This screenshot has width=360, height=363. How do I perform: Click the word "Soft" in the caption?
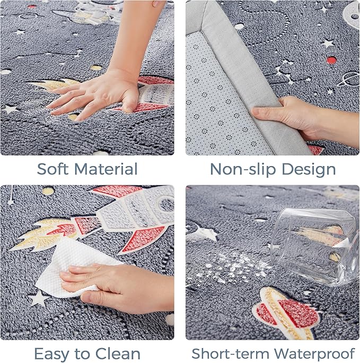[x=52, y=169]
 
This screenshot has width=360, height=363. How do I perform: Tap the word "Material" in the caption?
[x=106, y=169]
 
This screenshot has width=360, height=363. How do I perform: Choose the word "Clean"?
[x=118, y=354]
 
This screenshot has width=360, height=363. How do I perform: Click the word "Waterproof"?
[x=315, y=354]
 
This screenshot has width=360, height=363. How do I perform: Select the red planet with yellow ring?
[x=287, y=313]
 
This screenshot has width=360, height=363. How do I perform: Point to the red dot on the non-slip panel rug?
[x=331, y=60]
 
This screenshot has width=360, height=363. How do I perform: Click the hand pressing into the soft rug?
[x=97, y=95]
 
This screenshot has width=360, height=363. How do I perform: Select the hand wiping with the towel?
[x=116, y=287]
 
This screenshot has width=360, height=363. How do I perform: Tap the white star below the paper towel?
[x=39, y=298]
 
